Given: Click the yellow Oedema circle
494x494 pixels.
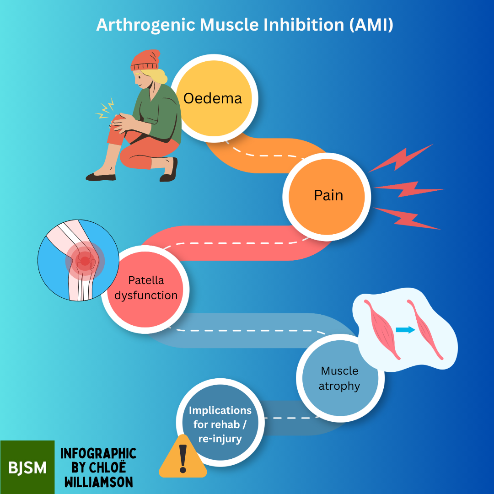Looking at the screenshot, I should tap(213, 98).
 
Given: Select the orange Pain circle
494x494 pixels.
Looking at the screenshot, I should tap(328, 196).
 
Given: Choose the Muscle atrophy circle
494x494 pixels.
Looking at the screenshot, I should tap(339, 378).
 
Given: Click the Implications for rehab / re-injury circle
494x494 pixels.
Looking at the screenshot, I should tap(220, 424).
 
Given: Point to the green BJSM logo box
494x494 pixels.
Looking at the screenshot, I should tap(27, 467).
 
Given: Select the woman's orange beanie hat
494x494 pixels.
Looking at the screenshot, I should tap(145, 60).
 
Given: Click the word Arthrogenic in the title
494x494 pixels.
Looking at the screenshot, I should tap(146, 25).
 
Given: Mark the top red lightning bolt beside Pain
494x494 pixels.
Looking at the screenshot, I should tap(403, 158).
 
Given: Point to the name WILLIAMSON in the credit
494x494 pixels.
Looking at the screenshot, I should tap(98, 482).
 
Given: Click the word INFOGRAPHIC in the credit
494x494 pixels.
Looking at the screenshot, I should tap(98, 453).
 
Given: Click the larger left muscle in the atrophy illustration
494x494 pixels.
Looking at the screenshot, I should tap(381, 328).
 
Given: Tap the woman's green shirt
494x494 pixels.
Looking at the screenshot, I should tap(160, 114).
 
